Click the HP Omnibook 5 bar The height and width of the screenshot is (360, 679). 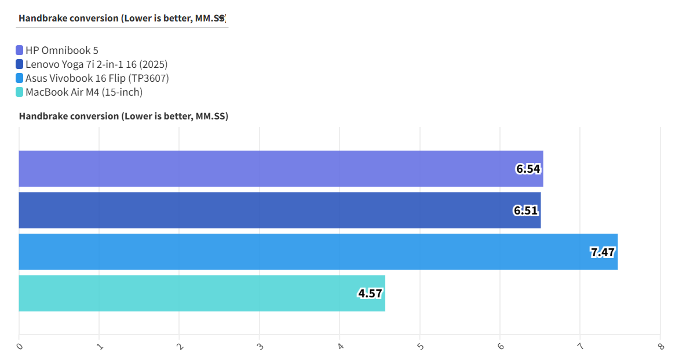[281, 169]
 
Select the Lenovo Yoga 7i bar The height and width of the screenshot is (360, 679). [280, 210]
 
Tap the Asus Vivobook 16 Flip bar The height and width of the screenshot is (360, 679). [318, 252]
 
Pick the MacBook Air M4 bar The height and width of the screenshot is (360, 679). [202, 293]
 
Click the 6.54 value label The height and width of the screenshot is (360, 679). [528, 169]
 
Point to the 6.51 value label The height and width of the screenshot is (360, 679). [526, 210]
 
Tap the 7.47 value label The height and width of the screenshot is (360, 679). [603, 252]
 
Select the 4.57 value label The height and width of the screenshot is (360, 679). [370, 293]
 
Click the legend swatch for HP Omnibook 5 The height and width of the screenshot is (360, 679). [20, 50]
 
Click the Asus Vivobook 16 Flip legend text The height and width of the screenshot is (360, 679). [97, 78]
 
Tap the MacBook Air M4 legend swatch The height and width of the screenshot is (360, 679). [20, 92]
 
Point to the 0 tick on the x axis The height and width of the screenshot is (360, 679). [20, 346]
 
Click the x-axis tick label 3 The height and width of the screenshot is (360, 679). [260, 346]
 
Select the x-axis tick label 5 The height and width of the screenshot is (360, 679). [420, 346]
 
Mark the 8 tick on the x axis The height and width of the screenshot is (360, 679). [660, 346]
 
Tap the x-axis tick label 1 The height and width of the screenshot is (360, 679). [100, 346]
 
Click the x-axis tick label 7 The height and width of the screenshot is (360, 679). [581, 346]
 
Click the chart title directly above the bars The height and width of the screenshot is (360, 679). [123, 117]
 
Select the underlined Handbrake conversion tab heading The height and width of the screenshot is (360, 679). [122, 18]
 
